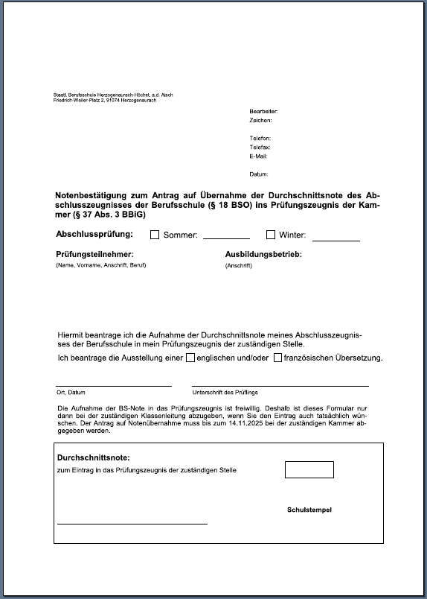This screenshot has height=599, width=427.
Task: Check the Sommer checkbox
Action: (155, 235)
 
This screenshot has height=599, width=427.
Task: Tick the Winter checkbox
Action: (271, 235)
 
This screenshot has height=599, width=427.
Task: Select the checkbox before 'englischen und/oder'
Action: (190, 358)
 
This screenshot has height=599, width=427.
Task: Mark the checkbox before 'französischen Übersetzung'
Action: (278, 358)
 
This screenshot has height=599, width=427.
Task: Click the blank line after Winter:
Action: (335, 238)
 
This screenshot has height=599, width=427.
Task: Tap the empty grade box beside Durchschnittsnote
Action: (309, 469)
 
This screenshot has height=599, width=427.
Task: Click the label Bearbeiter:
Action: (263, 111)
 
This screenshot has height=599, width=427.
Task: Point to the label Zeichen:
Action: (261, 120)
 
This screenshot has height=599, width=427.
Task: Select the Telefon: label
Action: (260, 139)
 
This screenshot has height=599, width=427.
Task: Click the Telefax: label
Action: (260, 148)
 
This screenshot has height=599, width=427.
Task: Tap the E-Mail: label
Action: (259, 156)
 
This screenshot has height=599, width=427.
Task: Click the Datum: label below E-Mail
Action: (259, 174)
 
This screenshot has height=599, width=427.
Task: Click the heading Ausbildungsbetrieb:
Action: (263, 255)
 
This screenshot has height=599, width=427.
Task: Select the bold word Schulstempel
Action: (309, 510)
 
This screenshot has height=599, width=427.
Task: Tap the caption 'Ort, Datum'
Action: (71, 392)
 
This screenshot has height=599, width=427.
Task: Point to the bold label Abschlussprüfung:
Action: (94, 234)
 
